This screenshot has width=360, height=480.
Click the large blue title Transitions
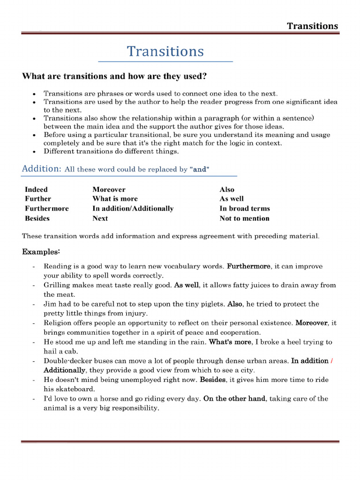coord(165,51)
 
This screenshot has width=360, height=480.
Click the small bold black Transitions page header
coord(312,26)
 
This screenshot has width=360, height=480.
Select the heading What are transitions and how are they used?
coord(114,76)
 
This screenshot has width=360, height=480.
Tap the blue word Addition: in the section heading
coord(41,169)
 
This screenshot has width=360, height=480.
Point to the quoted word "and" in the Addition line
coord(199,169)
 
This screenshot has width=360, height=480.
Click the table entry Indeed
coord(36,189)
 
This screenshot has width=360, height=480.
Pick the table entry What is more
coord(115,199)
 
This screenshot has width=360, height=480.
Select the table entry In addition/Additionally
coord(133,209)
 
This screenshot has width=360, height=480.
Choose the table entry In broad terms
coord(244,209)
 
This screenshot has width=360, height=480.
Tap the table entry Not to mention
coord(244,218)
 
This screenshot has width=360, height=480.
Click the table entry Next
coord(100,218)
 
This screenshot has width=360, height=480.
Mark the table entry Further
coord(38,199)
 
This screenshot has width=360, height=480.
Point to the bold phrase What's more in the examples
coord(230,342)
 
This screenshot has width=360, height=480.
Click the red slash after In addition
coord(332,361)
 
